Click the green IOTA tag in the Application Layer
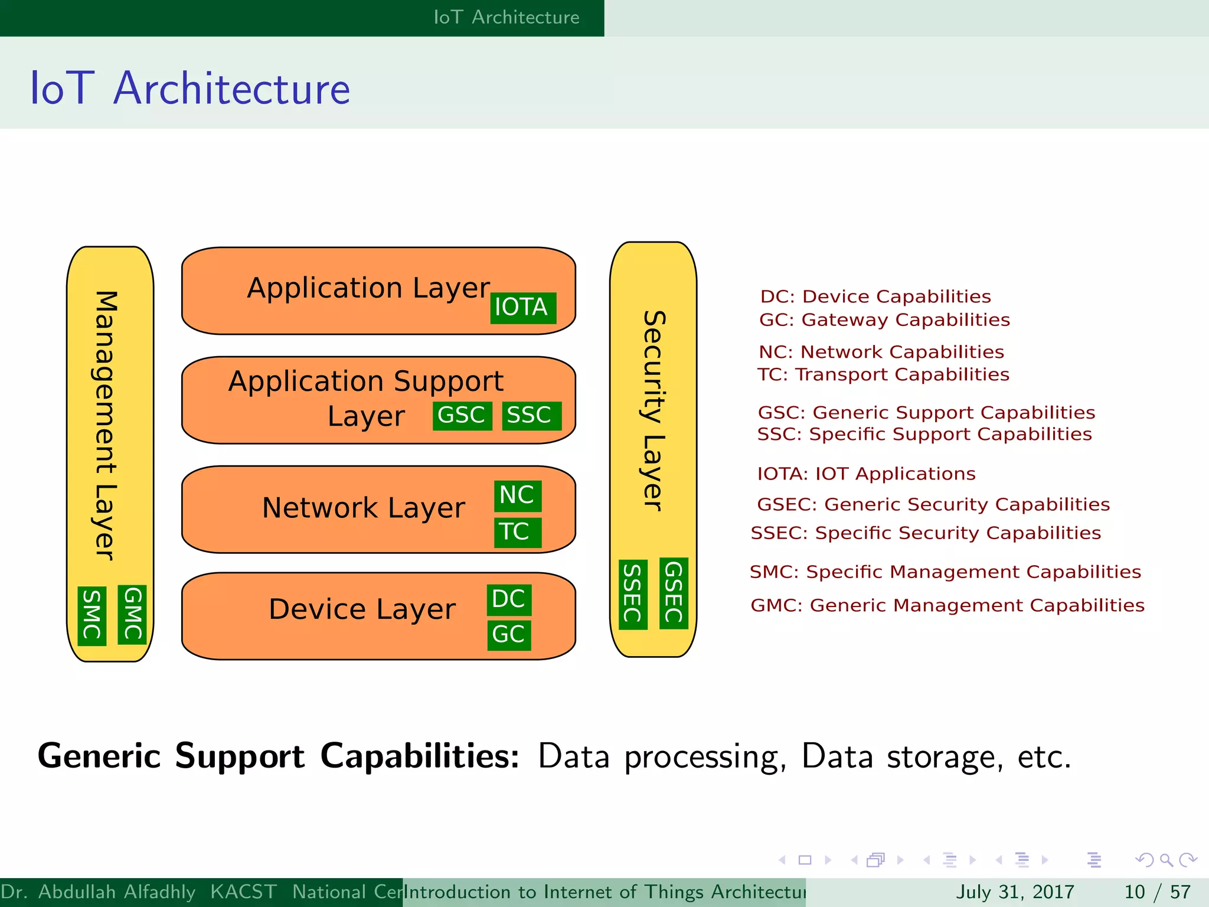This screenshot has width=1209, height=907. pyautogui.click(x=522, y=308)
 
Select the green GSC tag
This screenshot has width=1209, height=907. pyautogui.click(x=462, y=416)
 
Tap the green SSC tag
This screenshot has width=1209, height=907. pyautogui.click(x=531, y=416)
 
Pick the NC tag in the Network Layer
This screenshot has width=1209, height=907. pyautogui.click(x=517, y=495)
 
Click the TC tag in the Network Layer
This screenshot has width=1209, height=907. pyautogui.click(x=517, y=532)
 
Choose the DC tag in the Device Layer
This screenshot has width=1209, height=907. pyautogui.click(x=509, y=599)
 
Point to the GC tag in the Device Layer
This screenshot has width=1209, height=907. pyautogui.click(x=509, y=635)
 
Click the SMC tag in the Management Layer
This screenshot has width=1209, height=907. pyautogui.click(x=92, y=616)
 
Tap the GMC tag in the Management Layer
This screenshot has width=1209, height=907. pyautogui.click(x=132, y=615)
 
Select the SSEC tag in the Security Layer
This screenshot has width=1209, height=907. pyautogui.click(x=633, y=594)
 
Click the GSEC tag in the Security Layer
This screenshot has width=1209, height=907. pyautogui.click(x=674, y=593)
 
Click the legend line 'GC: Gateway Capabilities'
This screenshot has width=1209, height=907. pyautogui.click(x=884, y=320)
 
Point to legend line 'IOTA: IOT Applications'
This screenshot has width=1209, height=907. pyautogui.click(x=866, y=474)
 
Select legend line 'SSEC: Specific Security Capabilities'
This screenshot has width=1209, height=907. pyautogui.click(x=925, y=533)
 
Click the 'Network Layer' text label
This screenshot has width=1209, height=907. pyautogui.click(x=363, y=508)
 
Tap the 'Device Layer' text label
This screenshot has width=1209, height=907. pyautogui.click(x=362, y=610)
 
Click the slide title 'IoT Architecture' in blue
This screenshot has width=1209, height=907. pyautogui.click(x=190, y=89)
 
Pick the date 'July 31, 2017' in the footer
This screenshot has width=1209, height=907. pyautogui.click(x=1014, y=892)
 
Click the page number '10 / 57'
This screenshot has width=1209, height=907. pyautogui.click(x=1157, y=892)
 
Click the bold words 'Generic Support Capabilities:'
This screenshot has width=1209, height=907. pyautogui.click(x=278, y=756)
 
